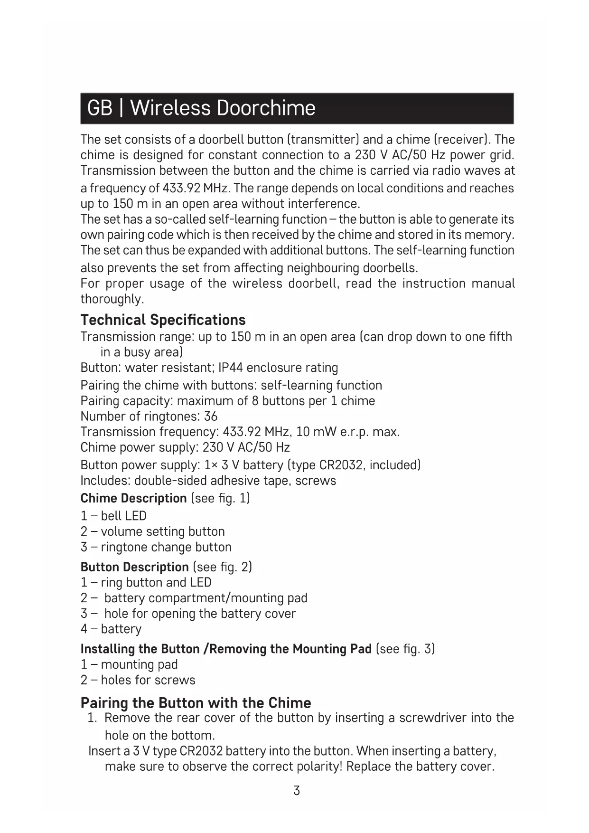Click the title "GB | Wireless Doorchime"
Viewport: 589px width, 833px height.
[x=201, y=108]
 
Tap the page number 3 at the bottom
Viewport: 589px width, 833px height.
[x=297, y=791]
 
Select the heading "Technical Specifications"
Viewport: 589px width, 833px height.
[x=163, y=320]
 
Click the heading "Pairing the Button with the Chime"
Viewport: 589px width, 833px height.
[x=196, y=702]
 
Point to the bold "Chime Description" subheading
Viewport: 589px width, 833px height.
[x=133, y=498]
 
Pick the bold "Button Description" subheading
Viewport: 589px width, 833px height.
[x=134, y=567]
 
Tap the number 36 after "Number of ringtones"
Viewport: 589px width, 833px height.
[x=210, y=416]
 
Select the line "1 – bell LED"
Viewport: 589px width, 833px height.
[x=113, y=516]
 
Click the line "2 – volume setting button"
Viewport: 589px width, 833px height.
[x=152, y=531]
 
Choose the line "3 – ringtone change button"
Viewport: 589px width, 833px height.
[x=156, y=547]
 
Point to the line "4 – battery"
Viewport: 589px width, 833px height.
[x=111, y=629]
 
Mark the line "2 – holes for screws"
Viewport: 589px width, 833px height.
[x=138, y=680]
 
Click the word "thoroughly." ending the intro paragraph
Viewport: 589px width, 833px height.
[x=112, y=299]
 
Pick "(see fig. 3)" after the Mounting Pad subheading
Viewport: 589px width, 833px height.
[x=405, y=649]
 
